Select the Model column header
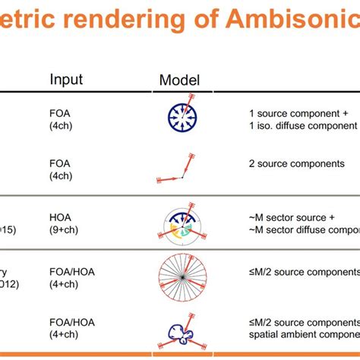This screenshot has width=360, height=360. pos(179,80)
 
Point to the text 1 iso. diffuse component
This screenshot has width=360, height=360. pos(302,126)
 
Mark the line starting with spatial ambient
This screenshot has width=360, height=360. pos(304,335)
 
